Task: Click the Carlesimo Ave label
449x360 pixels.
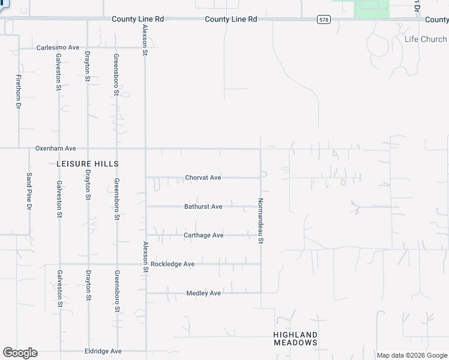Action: [58, 47]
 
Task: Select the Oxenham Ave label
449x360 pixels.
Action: [56, 148]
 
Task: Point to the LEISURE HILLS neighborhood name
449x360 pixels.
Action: [87, 164]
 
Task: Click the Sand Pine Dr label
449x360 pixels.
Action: [29, 191]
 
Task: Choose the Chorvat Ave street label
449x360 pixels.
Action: [203, 178]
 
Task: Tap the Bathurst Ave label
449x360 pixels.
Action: [203, 206]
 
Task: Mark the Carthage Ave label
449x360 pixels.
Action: [203, 235]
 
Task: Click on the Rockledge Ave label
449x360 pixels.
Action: [172, 264]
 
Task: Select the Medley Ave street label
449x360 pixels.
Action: [203, 293]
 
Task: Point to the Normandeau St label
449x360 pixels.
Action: [261, 221]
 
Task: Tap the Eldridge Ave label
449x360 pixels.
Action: [103, 351]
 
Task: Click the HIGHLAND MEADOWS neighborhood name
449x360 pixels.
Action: [295, 338]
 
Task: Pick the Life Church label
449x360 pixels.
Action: [426, 39]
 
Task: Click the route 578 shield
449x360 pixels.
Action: [324, 20]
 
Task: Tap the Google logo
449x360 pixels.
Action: [20, 352]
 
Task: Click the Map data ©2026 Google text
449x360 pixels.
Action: [412, 355]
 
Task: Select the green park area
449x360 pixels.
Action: [372, 8]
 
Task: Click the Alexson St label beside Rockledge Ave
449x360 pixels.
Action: [145, 257]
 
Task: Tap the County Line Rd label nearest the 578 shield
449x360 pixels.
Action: [231, 19]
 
